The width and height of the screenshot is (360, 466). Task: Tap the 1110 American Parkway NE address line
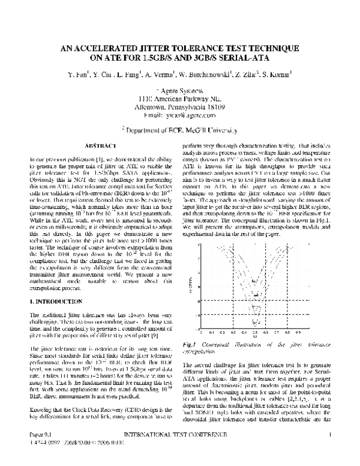tap(181, 97)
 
